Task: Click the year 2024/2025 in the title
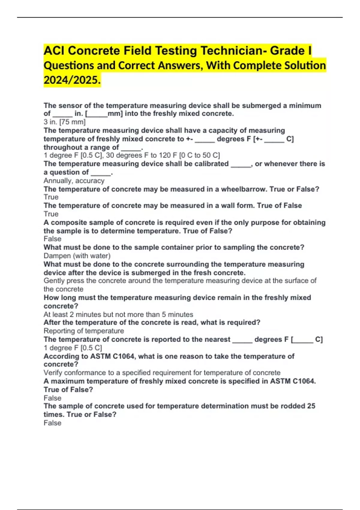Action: [x=72, y=80]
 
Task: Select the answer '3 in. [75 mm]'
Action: [x=64, y=122]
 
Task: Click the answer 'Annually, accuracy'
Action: [x=74, y=181]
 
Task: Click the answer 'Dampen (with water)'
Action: [x=77, y=256]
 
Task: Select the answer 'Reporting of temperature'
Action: [x=84, y=331]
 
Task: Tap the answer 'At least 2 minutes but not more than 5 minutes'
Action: [x=118, y=314]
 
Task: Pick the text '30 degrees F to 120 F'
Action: [x=141, y=155]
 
